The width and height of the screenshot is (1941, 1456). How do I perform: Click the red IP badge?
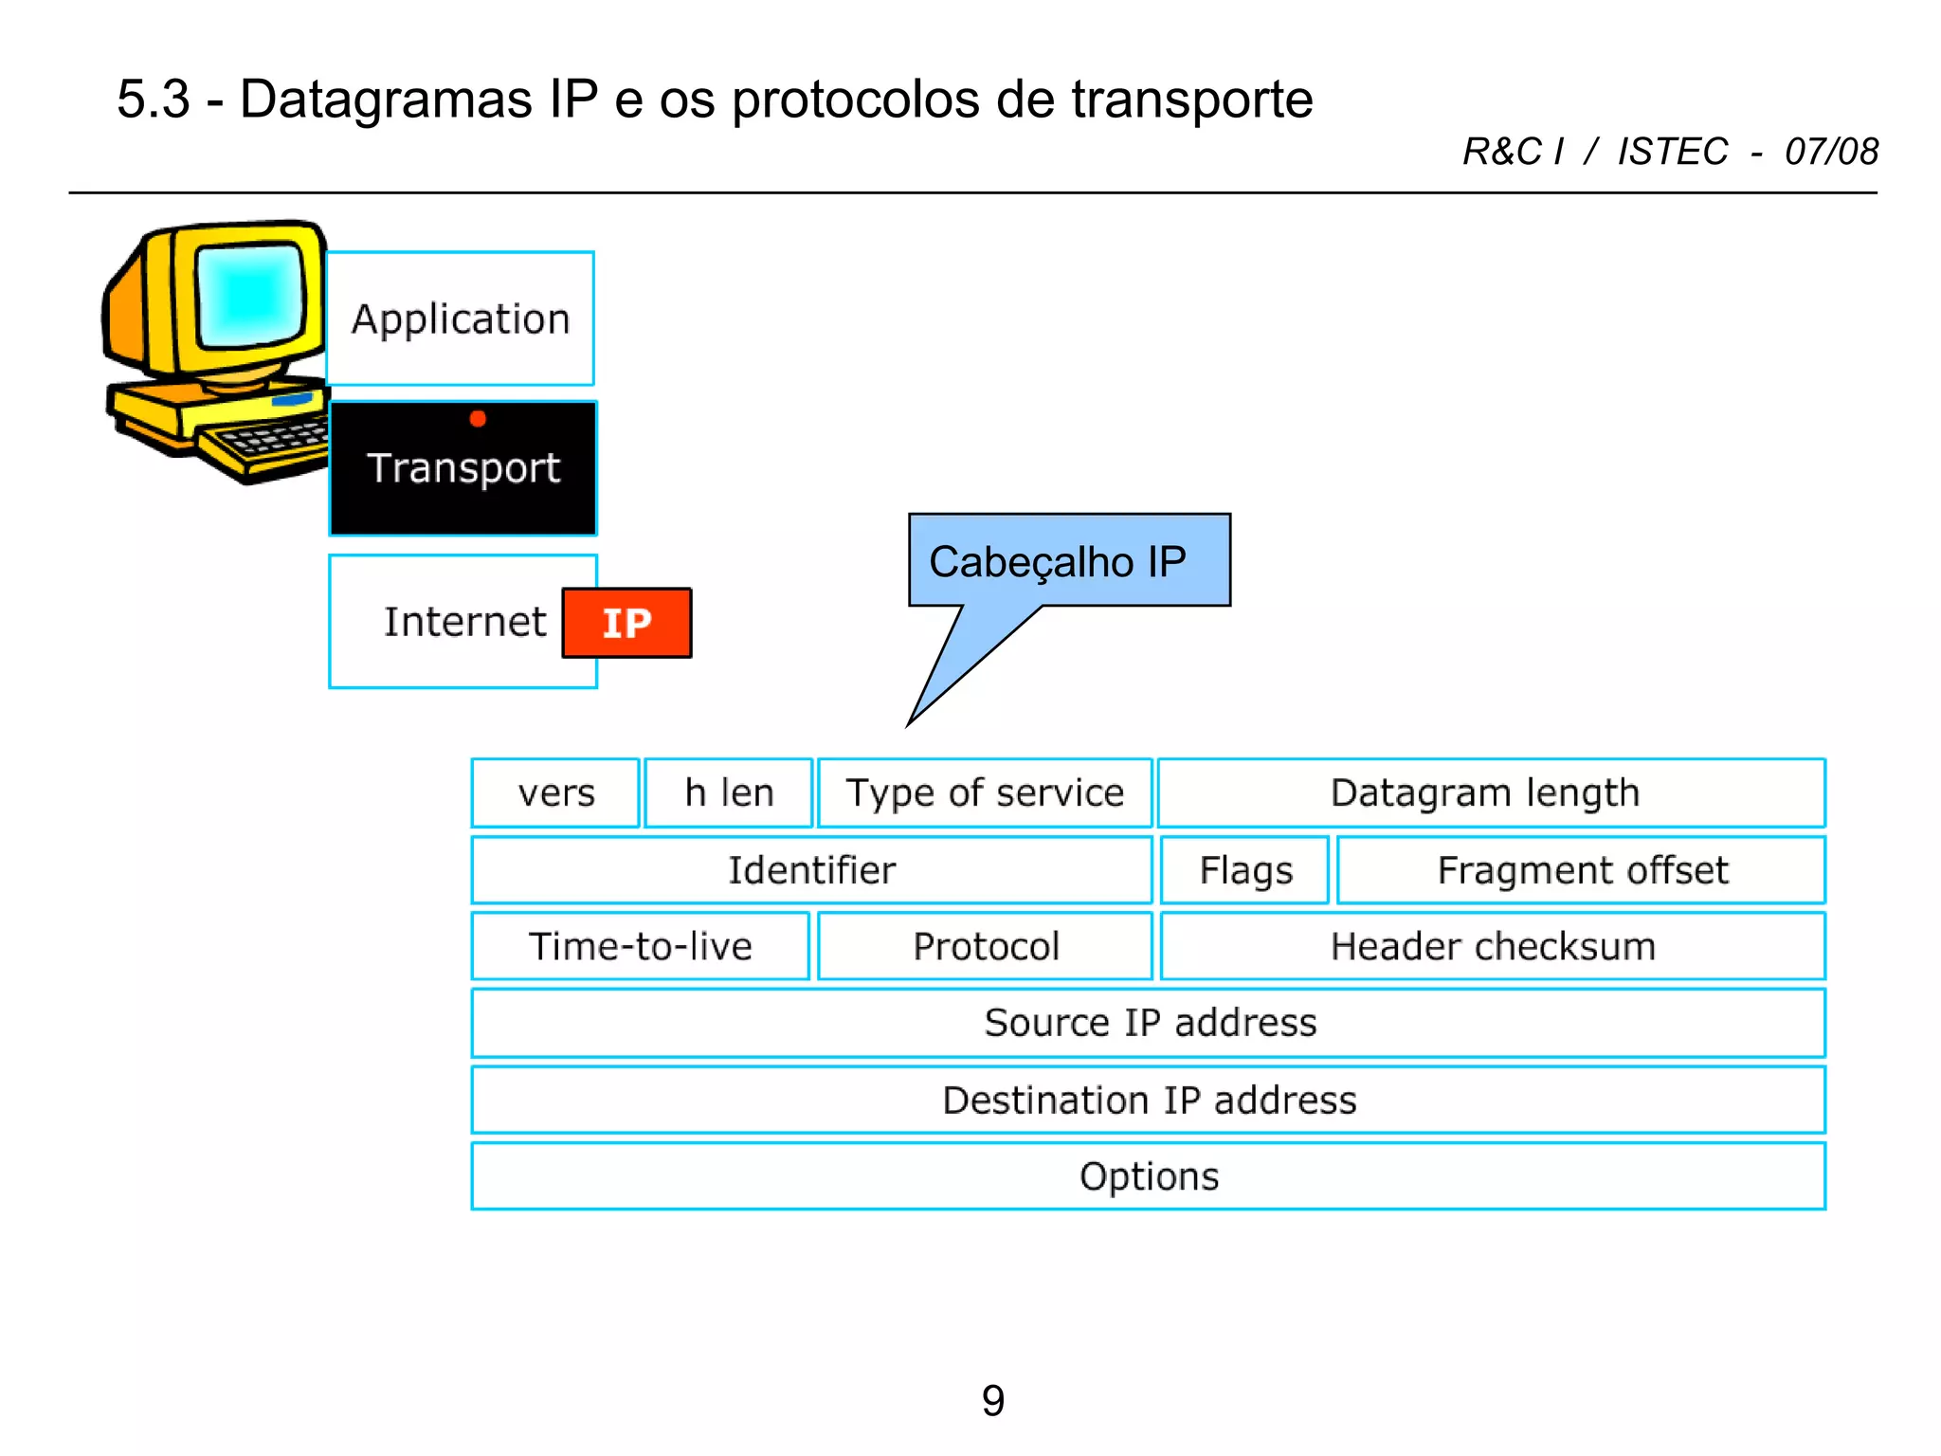point(626,623)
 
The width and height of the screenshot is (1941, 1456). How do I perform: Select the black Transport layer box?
point(463,468)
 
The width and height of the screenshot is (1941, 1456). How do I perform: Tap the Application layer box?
point(461,318)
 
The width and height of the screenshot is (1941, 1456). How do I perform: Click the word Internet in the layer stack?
point(464,622)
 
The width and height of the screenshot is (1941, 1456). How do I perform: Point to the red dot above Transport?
point(478,419)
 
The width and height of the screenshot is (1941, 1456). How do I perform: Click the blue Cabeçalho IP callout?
point(1068,561)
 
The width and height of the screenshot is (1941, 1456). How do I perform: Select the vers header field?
point(556,792)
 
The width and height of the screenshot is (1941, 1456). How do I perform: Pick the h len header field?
point(729,792)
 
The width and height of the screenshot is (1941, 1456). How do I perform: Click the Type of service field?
point(985,792)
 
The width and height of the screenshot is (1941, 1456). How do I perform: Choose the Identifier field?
point(811,870)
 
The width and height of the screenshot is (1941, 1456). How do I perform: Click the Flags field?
point(1245,870)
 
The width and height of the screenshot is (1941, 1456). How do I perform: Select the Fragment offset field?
point(1581,870)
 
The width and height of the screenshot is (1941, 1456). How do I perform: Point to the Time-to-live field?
point(641,946)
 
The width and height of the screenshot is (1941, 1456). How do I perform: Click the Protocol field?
point(986,946)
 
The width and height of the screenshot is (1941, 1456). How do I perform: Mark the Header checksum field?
point(1493,946)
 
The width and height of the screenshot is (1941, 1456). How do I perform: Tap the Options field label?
point(1149,1176)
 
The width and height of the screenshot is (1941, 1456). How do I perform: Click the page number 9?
point(992,1400)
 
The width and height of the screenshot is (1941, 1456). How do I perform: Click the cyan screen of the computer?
point(250,293)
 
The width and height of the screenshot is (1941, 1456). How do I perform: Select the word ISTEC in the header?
point(1672,152)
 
